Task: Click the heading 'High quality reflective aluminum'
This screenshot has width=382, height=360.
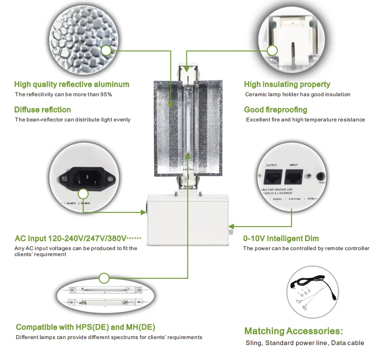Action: coord(71,84)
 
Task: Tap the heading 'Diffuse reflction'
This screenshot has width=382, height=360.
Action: coord(42,110)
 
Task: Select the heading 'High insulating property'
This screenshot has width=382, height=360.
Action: coord(287,84)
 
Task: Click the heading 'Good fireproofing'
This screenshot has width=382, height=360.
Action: coord(275,110)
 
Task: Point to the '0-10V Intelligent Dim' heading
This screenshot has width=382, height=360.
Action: coord(281,239)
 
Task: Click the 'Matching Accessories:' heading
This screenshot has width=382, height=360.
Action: coord(293,331)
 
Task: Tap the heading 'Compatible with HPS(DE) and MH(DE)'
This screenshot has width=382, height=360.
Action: coord(85,327)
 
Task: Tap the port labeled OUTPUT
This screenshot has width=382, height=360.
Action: coord(272,175)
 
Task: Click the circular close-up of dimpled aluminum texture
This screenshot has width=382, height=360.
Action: coord(81,38)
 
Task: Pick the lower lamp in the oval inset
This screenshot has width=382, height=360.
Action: coord(105,303)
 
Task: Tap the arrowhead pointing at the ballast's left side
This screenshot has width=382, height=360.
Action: coord(144,212)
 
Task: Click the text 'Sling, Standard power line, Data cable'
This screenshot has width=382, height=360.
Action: coord(305,343)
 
